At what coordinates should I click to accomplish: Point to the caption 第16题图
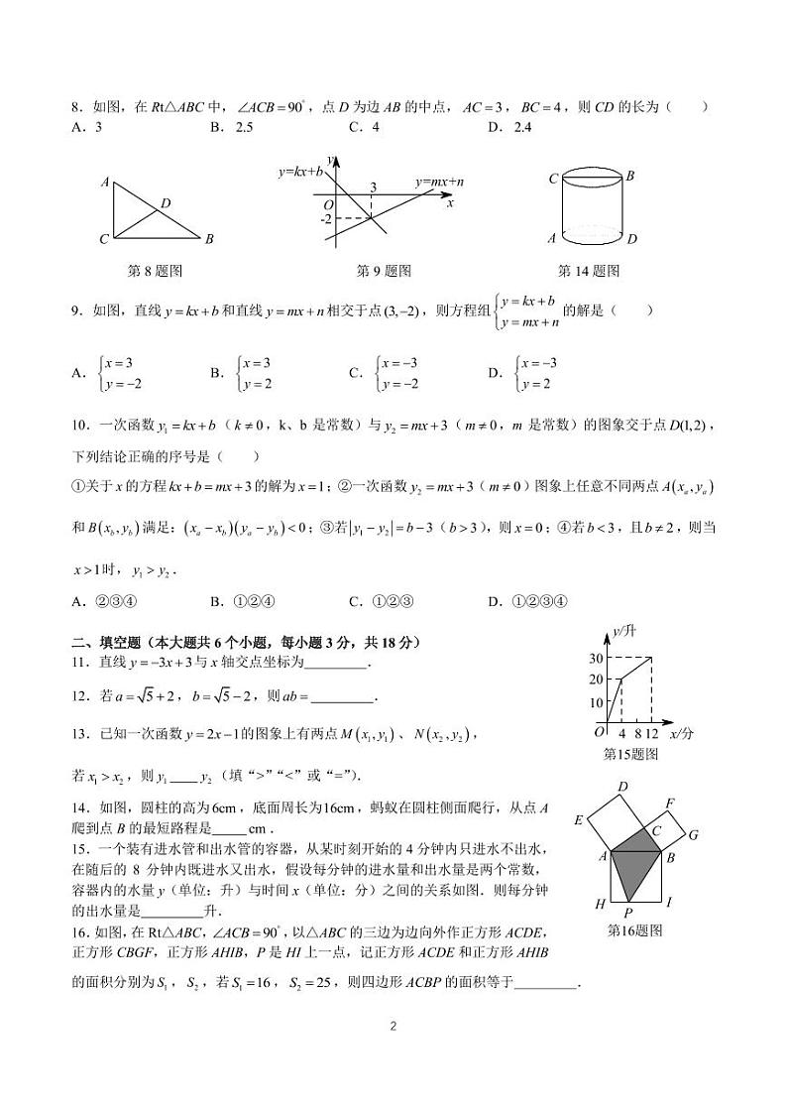(633, 930)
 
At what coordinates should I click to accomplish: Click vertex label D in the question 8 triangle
(166, 203)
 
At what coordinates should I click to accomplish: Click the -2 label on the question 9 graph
(326, 217)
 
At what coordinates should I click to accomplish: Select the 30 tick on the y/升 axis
(596, 659)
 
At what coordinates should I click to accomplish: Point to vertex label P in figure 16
(627, 911)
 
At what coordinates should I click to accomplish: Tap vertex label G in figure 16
(693, 834)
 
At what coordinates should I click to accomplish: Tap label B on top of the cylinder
(629, 176)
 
